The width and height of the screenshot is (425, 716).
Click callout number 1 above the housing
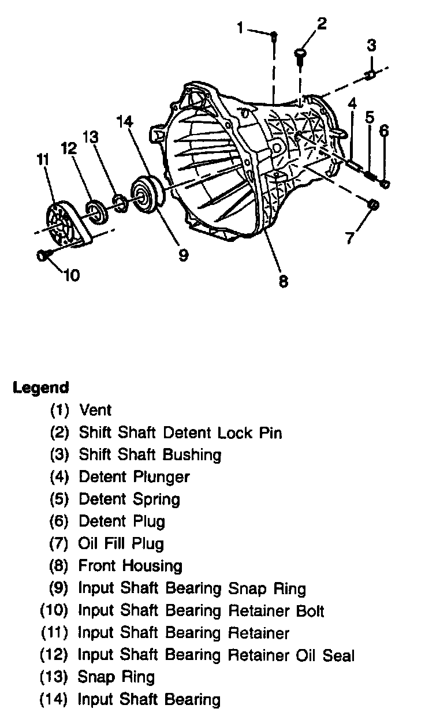tap(240, 27)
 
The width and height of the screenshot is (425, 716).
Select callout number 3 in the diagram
tap(372, 44)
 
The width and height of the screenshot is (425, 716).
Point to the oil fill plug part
tap(373, 204)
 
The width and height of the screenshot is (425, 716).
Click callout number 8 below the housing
tap(283, 281)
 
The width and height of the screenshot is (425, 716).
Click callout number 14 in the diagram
tap(125, 122)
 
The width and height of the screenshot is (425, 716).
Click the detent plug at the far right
tap(385, 184)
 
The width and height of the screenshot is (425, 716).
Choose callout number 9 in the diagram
tap(183, 255)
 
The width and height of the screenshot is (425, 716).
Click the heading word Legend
tap(41, 387)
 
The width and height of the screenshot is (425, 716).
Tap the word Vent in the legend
tap(95, 411)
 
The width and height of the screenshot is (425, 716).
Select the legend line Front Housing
tap(130, 566)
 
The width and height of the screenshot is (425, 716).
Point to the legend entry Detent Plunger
tap(134, 477)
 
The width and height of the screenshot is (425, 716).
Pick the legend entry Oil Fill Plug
tap(121, 544)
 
